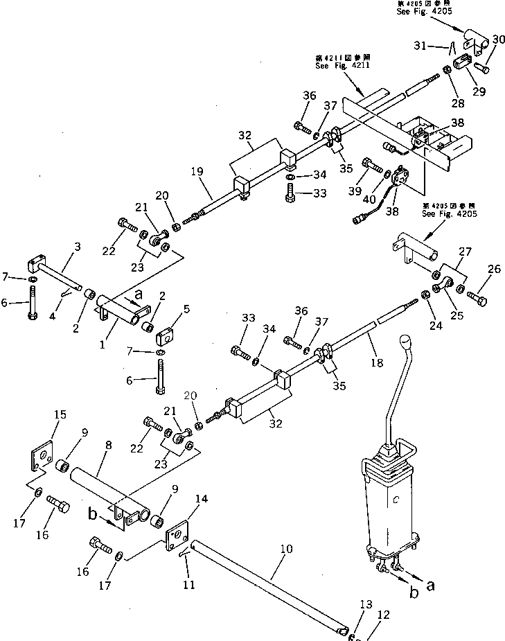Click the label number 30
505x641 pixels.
point(499,39)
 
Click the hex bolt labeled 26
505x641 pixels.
point(477,299)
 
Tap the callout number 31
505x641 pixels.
point(436,46)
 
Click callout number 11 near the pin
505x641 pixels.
point(187,585)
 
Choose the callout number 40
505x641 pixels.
point(371,200)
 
